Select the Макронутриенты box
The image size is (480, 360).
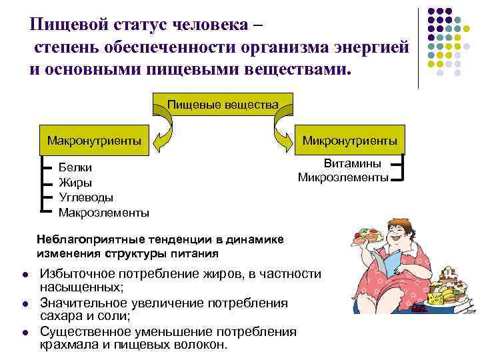tap(94, 140)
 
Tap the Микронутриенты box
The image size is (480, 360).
tap(350, 141)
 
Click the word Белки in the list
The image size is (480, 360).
tap(75, 167)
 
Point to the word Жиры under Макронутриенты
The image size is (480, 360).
tap(75, 183)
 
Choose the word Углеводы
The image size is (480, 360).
tap(86, 198)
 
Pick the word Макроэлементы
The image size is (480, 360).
tap(103, 213)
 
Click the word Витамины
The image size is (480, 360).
tap(352, 164)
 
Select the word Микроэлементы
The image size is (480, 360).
tap(343, 177)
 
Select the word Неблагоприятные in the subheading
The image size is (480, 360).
tap(83, 240)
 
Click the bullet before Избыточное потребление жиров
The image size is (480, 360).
tap(24, 275)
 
